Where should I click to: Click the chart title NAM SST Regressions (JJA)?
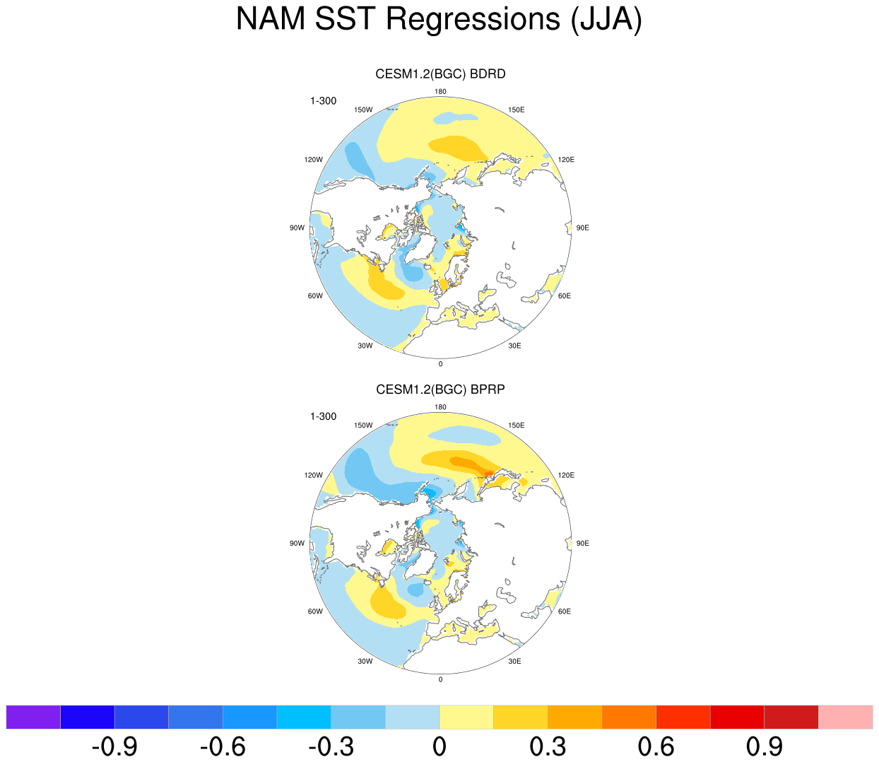[x=439, y=19]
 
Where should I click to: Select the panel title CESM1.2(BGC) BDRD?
[x=440, y=74]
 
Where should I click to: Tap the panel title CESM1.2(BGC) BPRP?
[x=440, y=389]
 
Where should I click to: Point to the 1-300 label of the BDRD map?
[x=324, y=101]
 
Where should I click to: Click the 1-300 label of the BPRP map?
[x=324, y=416]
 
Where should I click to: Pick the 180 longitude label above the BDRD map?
[x=440, y=91]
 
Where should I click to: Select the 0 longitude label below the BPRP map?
[x=440, y=679]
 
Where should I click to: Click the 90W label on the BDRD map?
[x=297, y=228]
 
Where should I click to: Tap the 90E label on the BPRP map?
[x=582, y=544]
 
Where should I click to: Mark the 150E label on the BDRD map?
[x=516, y=110]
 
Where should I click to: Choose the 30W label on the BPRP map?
[x=365, y=662]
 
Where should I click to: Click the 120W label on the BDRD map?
[x=314, y=160]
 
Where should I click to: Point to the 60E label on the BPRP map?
[x=564, y=611]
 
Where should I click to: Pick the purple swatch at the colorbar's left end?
[x=33, y=716]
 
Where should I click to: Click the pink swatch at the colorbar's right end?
[x=845, y=716]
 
